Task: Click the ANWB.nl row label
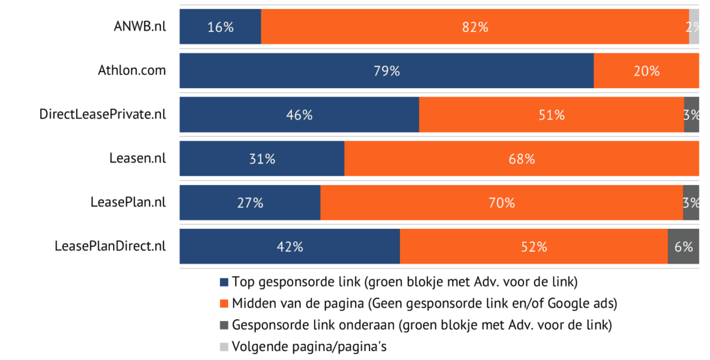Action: click(139, 27)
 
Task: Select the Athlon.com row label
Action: click(132, 71)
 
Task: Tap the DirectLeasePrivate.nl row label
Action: click(103, 114)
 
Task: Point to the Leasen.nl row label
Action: click(137, 158)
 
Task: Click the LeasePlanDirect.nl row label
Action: click(110, 246)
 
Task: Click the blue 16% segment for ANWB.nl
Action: click(220, 27)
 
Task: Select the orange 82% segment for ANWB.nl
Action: click(474, 27)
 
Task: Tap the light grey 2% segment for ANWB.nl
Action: click(693, 27)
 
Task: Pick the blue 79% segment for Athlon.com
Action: click(386, 71)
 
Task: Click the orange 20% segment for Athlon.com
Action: click(646, 71)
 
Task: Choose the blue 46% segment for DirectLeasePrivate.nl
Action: click(299, 114)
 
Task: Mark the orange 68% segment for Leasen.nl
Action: click(521, 158)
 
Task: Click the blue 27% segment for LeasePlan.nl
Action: click(250, 203)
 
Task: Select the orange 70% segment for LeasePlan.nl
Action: click(501, 203)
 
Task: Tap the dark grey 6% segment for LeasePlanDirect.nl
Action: click(683, 246)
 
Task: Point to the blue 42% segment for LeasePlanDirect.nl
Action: click(289, 246)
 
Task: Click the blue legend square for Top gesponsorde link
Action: click(223, 282)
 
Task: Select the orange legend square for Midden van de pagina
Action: click(223, 304)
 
